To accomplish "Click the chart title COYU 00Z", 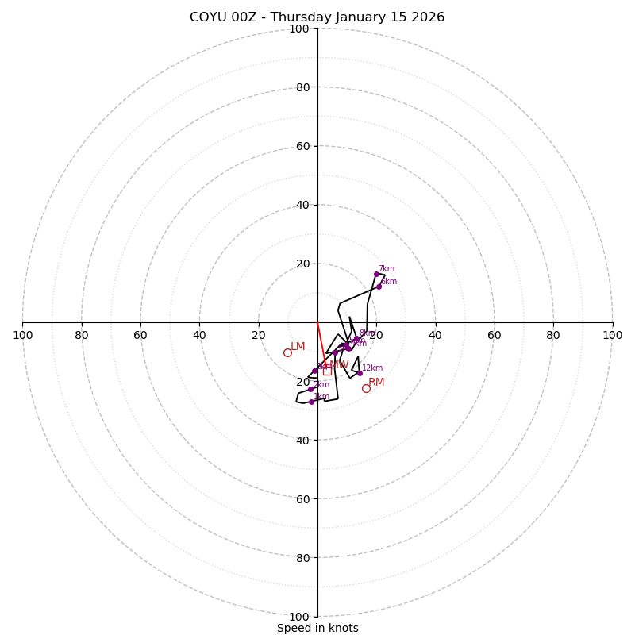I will (x=317, y=17).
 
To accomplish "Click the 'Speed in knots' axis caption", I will (x=317, y=628).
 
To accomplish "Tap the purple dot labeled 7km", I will (x=376, y=274).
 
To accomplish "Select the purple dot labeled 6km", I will (x=379, y=287).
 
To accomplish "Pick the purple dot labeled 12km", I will (x=360, y=373).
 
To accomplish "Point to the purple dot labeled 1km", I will (x=311, y=402).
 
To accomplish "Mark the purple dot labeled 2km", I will (x=310, y=389).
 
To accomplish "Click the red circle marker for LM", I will (x=287, y=352).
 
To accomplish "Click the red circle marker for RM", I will (x=366, y=388).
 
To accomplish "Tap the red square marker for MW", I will (x=327, y=371).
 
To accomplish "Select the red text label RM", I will (x=376, y=383).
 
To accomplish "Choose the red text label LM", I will (x=298, y=347).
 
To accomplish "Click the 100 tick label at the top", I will (x=298, y=29).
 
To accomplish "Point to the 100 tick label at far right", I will (x=612, y=335).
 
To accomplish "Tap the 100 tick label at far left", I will (x=23, y=335).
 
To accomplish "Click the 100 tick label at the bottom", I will (x=298, y=617).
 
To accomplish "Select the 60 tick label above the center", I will (x=302, y=146).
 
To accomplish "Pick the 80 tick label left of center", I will (x=82, y=335).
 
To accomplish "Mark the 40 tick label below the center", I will (x=302, y=440).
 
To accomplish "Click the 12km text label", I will (x=372, y=368).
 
